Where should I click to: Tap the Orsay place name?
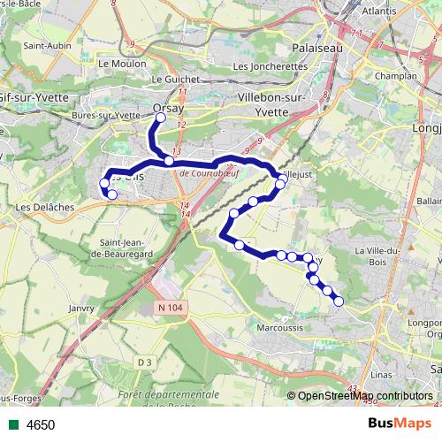(168, 107)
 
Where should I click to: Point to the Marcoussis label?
(279, 328)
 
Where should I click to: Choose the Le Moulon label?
(116, 64)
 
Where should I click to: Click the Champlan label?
(396, 78)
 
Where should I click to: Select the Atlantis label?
(378, 11)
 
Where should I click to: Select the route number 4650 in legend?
(41, 425)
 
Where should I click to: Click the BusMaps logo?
(400, 424)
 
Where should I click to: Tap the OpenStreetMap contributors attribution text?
(365, 396)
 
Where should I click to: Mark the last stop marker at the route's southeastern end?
(338, 301)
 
